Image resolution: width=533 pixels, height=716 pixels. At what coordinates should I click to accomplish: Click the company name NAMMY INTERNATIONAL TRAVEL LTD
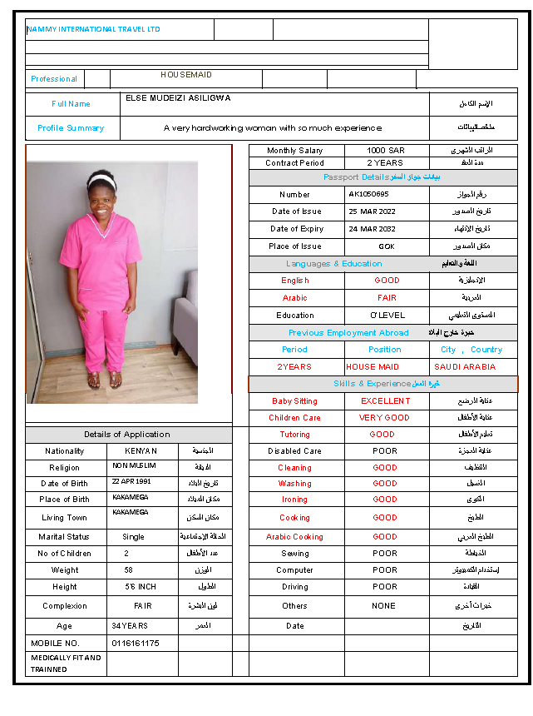pos(93,29)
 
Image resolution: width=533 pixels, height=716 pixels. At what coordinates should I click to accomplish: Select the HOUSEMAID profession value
pos(186,75)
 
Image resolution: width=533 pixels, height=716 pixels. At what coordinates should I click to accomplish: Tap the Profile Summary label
pos(71,128)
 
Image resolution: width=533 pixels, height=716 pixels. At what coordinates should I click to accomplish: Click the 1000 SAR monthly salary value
pos(385,151)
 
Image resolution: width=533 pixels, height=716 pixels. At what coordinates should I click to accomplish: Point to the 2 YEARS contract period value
pos(385,163)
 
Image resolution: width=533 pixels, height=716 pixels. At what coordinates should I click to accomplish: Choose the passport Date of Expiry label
pos(297,229)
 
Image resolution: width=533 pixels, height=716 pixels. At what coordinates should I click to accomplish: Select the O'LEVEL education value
pos(387,316)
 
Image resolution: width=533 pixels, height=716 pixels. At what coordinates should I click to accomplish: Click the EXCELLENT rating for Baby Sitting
pos(386,401)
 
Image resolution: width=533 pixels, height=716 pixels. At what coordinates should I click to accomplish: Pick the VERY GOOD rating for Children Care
pos(384,418)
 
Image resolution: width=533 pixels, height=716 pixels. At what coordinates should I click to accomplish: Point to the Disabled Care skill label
pos(295,451)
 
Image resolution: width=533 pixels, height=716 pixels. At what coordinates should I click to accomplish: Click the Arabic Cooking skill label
pos(295,537)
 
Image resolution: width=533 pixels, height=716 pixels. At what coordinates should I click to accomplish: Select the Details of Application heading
pos(126,435)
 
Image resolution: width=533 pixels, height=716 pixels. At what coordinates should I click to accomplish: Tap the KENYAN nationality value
pos(135,451)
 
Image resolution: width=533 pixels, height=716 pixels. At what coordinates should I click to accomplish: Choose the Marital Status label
pos(64,537)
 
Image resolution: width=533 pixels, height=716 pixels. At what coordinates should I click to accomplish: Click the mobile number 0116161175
pos(135,644)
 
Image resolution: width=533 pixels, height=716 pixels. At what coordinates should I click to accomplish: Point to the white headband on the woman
pos(101,178)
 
